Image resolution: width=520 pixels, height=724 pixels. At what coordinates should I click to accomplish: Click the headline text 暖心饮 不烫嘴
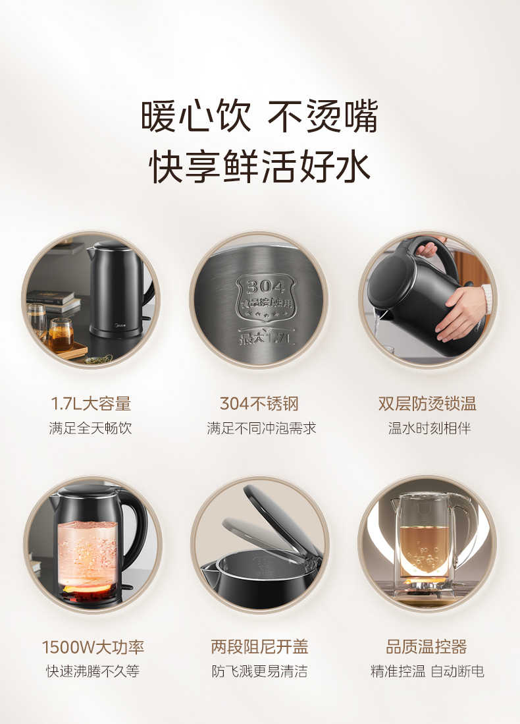(259, 117)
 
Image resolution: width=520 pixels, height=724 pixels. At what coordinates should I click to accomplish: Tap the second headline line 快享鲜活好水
(259, 167)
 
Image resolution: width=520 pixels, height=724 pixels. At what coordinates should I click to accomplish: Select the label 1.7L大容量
(91, 403)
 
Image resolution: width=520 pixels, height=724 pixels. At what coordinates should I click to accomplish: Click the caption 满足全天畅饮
(91, 428)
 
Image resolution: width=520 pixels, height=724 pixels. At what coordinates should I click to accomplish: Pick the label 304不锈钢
(259, 403)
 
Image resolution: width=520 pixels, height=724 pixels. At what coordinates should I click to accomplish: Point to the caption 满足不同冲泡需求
(261, 428)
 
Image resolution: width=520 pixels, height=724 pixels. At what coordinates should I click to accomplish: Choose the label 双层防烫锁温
(427, 403)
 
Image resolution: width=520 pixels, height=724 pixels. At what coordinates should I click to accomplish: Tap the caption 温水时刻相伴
(429, 428)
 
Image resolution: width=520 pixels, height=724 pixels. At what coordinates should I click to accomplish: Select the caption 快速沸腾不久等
(92, 671)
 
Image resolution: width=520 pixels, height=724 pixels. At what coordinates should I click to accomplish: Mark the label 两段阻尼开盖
(259, 646)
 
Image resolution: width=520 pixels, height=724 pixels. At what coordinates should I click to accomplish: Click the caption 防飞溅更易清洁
(259, 671)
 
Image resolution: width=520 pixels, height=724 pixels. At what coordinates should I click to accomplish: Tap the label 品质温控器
(427, 646)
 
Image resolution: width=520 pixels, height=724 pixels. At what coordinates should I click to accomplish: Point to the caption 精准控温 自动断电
(427, 671)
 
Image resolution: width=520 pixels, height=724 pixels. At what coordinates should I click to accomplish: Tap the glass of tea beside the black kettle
(61, 334)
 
